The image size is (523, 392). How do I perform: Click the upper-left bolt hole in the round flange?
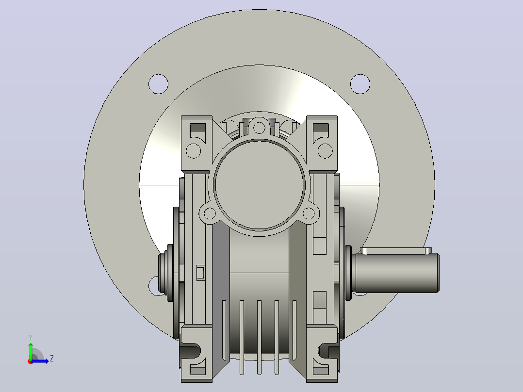(159, 84)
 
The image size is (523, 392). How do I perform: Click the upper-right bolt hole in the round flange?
(360, 84)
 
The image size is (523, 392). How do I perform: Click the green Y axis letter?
(31, 337)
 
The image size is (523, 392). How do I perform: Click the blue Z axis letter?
(52, 359)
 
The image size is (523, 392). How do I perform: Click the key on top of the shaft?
(396, 250)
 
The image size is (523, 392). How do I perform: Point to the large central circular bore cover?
(260, 184)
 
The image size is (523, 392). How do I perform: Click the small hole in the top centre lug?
(259, 128)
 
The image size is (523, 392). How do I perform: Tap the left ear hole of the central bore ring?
(210, 213)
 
